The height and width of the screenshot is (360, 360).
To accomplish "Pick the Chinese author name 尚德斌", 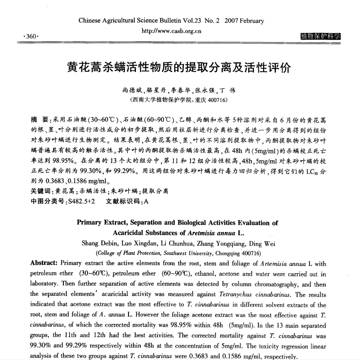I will [132, 91].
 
